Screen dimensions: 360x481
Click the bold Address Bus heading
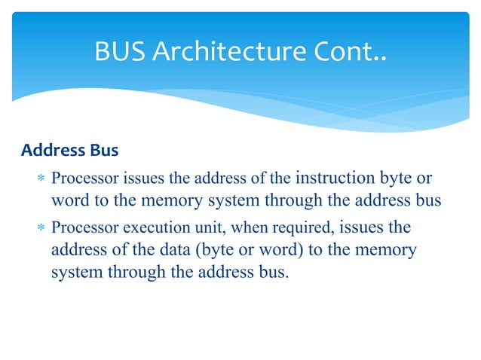tap(69, 151)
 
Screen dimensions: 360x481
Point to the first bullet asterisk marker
tap(41, 180)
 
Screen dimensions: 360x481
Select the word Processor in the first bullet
tap(80, 179)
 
